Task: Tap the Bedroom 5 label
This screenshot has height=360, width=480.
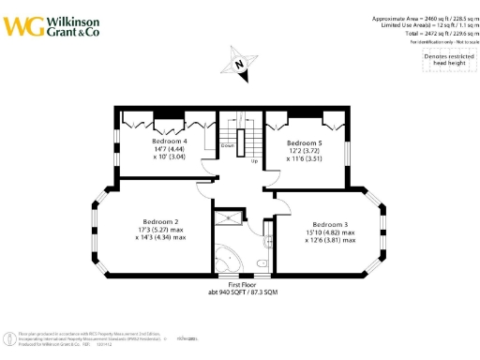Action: pyautogui.click(x=304, y=142)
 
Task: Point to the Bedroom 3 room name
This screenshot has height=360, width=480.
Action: pyautogui.click(x=331, y=224)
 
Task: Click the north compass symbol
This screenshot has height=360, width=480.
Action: pyautogui.click(x=238, y=64)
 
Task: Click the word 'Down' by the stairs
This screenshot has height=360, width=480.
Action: pyautogui.click(x=228, y=146)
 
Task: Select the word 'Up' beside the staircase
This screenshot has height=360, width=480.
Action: pyautogui.click(x=254, y=161)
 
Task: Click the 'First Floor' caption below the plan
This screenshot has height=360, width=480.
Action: pyautogui.click(x=241, y=283)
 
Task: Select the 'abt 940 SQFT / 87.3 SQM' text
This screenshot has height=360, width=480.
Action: pyautogui.click(x=241, y=292)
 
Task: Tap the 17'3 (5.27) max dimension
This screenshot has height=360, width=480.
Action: pyautogui.click(x=160, y=230)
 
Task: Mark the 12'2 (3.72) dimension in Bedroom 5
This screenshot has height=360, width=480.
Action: pyautogui.click(x=304, y=150)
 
